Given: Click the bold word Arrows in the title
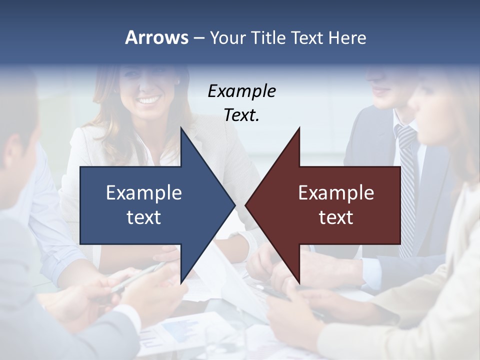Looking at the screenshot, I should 156,37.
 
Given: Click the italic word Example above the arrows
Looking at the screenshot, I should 241,91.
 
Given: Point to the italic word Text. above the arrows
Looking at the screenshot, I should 241,115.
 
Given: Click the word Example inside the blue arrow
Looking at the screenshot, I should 144,192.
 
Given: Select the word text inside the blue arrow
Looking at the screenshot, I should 144,217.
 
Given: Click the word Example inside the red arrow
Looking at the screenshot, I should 336,192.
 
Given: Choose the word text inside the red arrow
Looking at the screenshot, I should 336,217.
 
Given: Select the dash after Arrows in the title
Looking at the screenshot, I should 198,38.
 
